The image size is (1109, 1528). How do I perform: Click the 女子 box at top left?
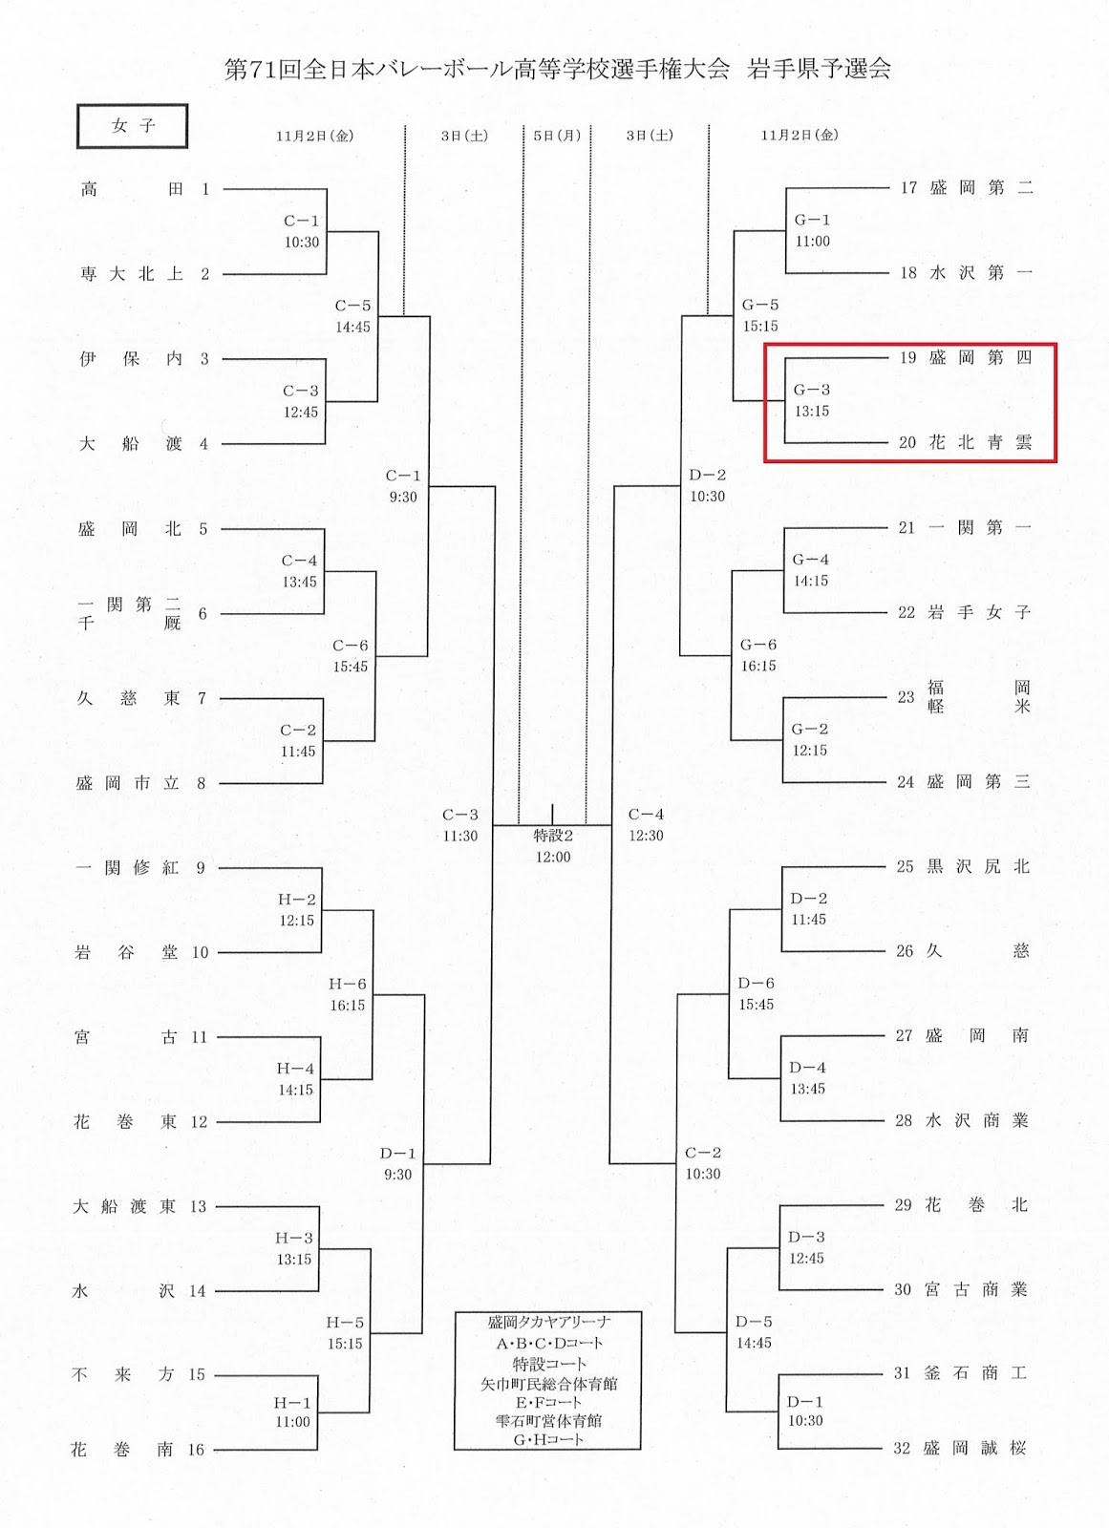(132, 126)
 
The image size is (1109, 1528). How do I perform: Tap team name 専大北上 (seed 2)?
(132, 274)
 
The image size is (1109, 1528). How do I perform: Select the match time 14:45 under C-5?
(352, 327)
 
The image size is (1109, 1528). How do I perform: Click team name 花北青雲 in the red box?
(980, 442)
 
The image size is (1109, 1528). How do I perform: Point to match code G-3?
(812, 390)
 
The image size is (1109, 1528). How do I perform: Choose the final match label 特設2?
(553, 836)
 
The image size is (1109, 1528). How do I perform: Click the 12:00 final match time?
(553, 857)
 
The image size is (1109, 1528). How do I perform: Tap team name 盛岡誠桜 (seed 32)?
(974, 1448)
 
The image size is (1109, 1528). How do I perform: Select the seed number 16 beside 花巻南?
(196, 1450)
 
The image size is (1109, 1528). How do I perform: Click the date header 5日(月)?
(557, 136)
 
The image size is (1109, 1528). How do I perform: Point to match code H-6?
(348, 984)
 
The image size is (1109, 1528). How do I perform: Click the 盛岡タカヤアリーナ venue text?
(548, 1322)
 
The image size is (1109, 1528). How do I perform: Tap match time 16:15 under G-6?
(758, 666)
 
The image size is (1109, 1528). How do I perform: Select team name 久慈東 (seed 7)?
(129, 698)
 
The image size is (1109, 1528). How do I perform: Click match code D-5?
(754, 1322)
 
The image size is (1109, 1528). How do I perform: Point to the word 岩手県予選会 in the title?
(820, 69)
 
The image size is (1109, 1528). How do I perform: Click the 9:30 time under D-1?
(398, 1175)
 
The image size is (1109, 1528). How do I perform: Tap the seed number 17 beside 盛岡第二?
(908, 187)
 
